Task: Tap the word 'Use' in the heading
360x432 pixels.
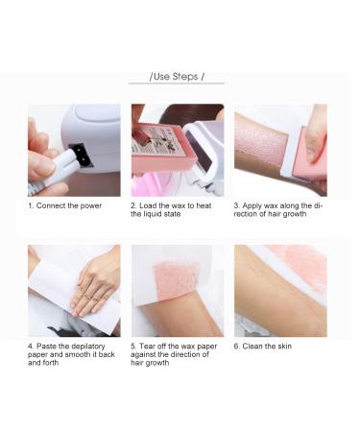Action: (162, 76)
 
